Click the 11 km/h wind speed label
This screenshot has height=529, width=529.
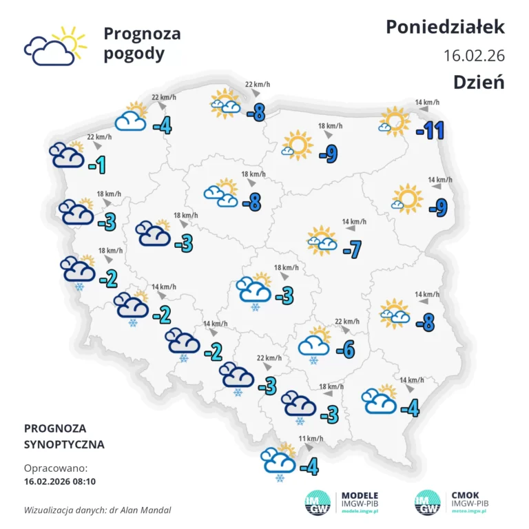click(x=311, y=439)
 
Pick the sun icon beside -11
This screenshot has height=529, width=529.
click(x=395, y=121)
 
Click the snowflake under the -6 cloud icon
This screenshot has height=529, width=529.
click(x=313, y=360)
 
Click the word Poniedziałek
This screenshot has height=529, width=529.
click(x=445, y=27)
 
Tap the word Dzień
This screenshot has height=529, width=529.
click(x=479, y=81)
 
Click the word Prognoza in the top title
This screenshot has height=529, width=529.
click(x=142, y=33)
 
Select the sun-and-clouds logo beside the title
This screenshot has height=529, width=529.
click(x=55, y=45)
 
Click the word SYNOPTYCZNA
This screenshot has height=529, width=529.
click(x=64, y=444)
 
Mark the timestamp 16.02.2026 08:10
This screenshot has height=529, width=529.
click(x=60, y=481)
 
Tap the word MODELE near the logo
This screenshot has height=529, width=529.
click(x=360, y=495)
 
